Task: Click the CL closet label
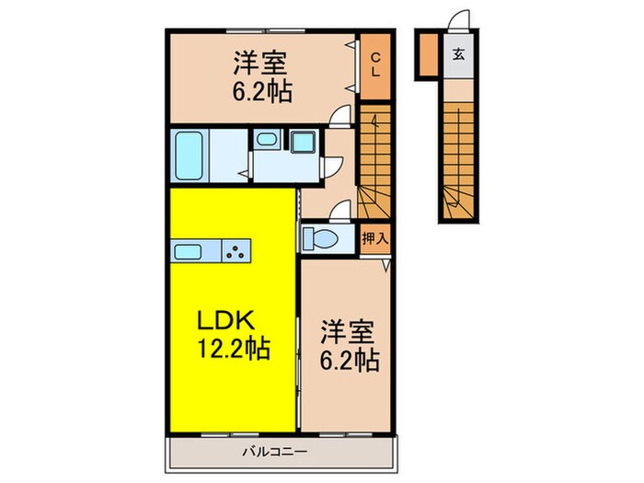tap(375, 65)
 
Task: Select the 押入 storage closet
tap(374, 238)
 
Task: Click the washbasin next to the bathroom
tap(266, 141)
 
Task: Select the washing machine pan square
tap(302, 143)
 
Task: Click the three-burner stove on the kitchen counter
tap(238, 250)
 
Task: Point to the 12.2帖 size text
tap(231, 351)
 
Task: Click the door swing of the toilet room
tap(340, 213)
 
